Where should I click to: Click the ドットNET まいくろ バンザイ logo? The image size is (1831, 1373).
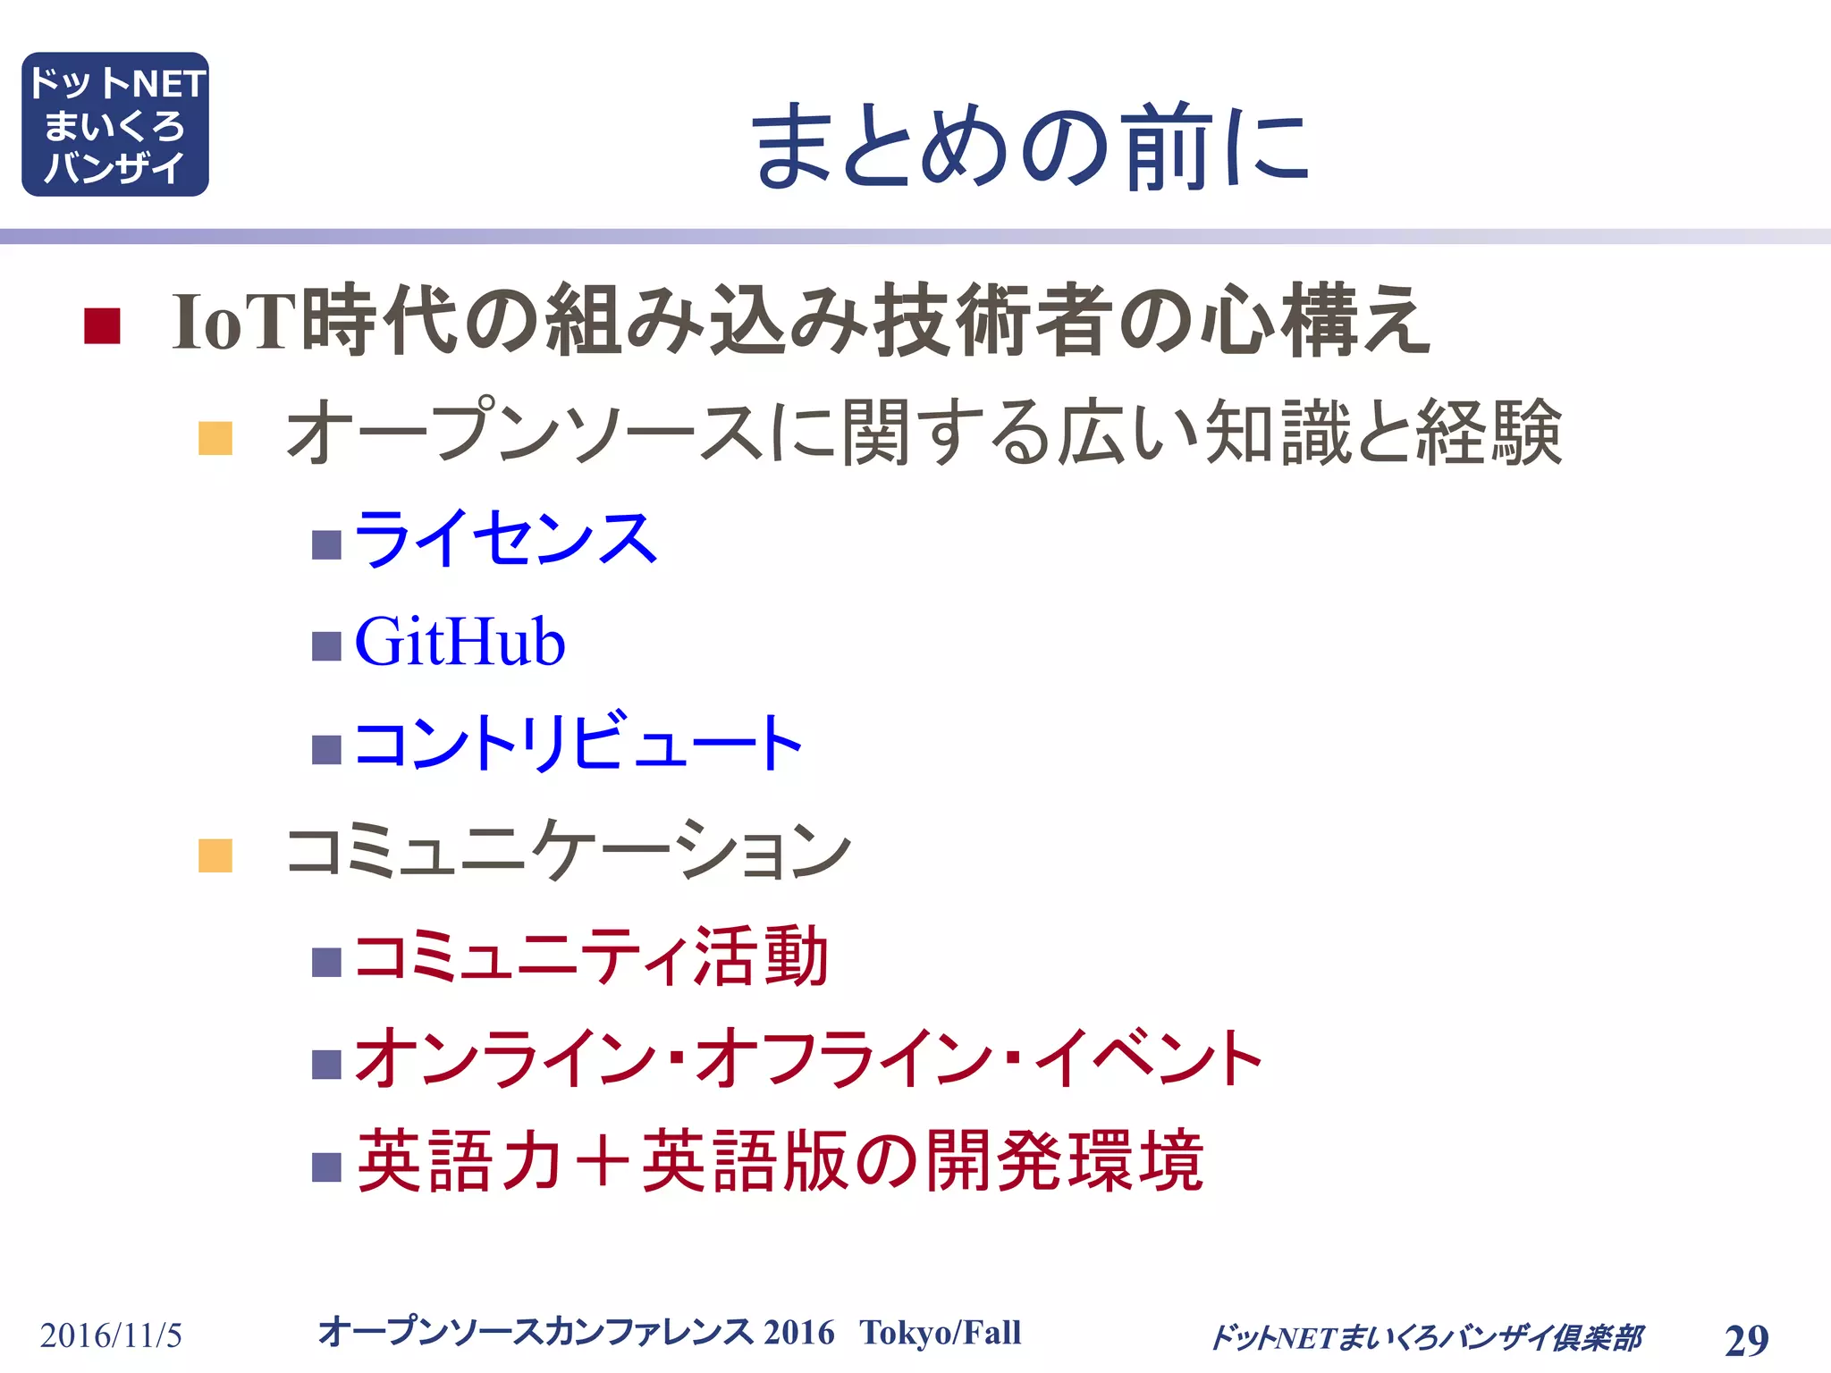pyautogui.click(x=115, y=124)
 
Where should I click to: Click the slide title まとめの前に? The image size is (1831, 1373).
pyautogui.click(x=1030, y=146)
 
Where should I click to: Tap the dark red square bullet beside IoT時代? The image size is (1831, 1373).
pyautogui.click(x=102, y=325)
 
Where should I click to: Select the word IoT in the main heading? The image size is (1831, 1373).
pyautogui.click(x=234, y=322)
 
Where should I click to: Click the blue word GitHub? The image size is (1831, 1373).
pyautogui.click(x=460, y=643)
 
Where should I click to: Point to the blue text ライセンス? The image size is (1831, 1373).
pyautogui.click(x=506, y=539)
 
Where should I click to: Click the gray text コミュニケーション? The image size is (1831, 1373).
pyautogui.click(x=568, y=850)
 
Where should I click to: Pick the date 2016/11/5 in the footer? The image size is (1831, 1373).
pyautogui.click(x=111, y=1336)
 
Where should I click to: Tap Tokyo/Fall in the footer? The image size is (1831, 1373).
pyautogui.click(x=941, y=1333)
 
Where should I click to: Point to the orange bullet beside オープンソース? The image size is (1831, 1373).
pyautogui.click(x=215, y=438)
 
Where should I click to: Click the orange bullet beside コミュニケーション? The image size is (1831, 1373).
pyautogui.click(x=215, y=855)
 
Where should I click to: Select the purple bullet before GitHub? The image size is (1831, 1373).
pyautogui.click(x=326, y=646)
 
